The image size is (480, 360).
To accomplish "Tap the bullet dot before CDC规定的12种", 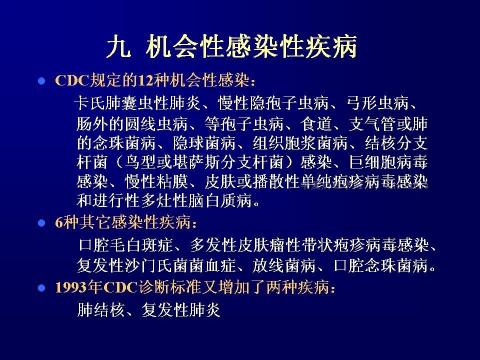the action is click(41, 81).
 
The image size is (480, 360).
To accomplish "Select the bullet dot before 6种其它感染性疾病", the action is click(41, 222).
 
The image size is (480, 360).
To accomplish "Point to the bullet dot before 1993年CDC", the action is click(41, 288).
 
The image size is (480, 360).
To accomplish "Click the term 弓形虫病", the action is click(378, 103).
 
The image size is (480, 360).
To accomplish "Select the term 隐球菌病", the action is click(204, 143).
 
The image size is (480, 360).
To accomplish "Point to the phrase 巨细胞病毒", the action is click(388, 162).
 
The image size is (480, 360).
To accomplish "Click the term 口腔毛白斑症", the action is click(125, 245).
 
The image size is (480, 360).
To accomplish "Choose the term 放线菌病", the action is click(284, 265).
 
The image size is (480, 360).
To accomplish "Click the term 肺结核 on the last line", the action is click(100, 310).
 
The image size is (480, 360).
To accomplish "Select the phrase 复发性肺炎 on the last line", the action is click(180, 310).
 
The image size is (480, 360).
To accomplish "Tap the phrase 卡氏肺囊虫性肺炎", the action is click(137, 103).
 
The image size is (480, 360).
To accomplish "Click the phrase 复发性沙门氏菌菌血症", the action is click(156, 265).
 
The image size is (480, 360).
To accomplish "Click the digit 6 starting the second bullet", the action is click(59, 222).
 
